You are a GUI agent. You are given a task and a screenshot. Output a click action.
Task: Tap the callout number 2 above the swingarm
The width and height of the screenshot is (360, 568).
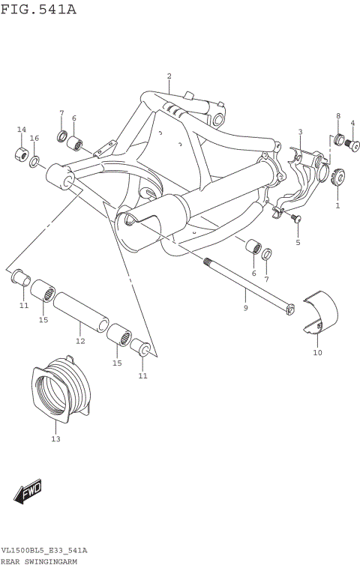click(x=169, y=76)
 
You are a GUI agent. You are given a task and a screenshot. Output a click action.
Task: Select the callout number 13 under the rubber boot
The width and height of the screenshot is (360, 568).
click(x=55, y=439)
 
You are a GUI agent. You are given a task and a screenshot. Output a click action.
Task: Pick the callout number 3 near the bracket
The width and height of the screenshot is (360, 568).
click(x=300, y=133)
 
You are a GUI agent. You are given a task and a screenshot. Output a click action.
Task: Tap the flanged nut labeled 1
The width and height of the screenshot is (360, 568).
click(x=337, y=177)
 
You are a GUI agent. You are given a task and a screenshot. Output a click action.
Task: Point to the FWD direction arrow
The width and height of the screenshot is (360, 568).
click(x=28, y=492)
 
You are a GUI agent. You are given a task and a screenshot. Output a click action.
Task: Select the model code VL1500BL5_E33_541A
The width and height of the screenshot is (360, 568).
click(x=44, y=551)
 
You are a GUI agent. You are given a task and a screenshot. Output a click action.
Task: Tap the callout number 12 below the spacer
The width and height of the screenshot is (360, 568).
click(x=80, y=341)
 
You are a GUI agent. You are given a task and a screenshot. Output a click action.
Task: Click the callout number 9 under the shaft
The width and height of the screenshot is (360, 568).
click(x=244, y=308)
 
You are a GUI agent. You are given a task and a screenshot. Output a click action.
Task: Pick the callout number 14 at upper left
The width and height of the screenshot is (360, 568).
click(x=22, y=130)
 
